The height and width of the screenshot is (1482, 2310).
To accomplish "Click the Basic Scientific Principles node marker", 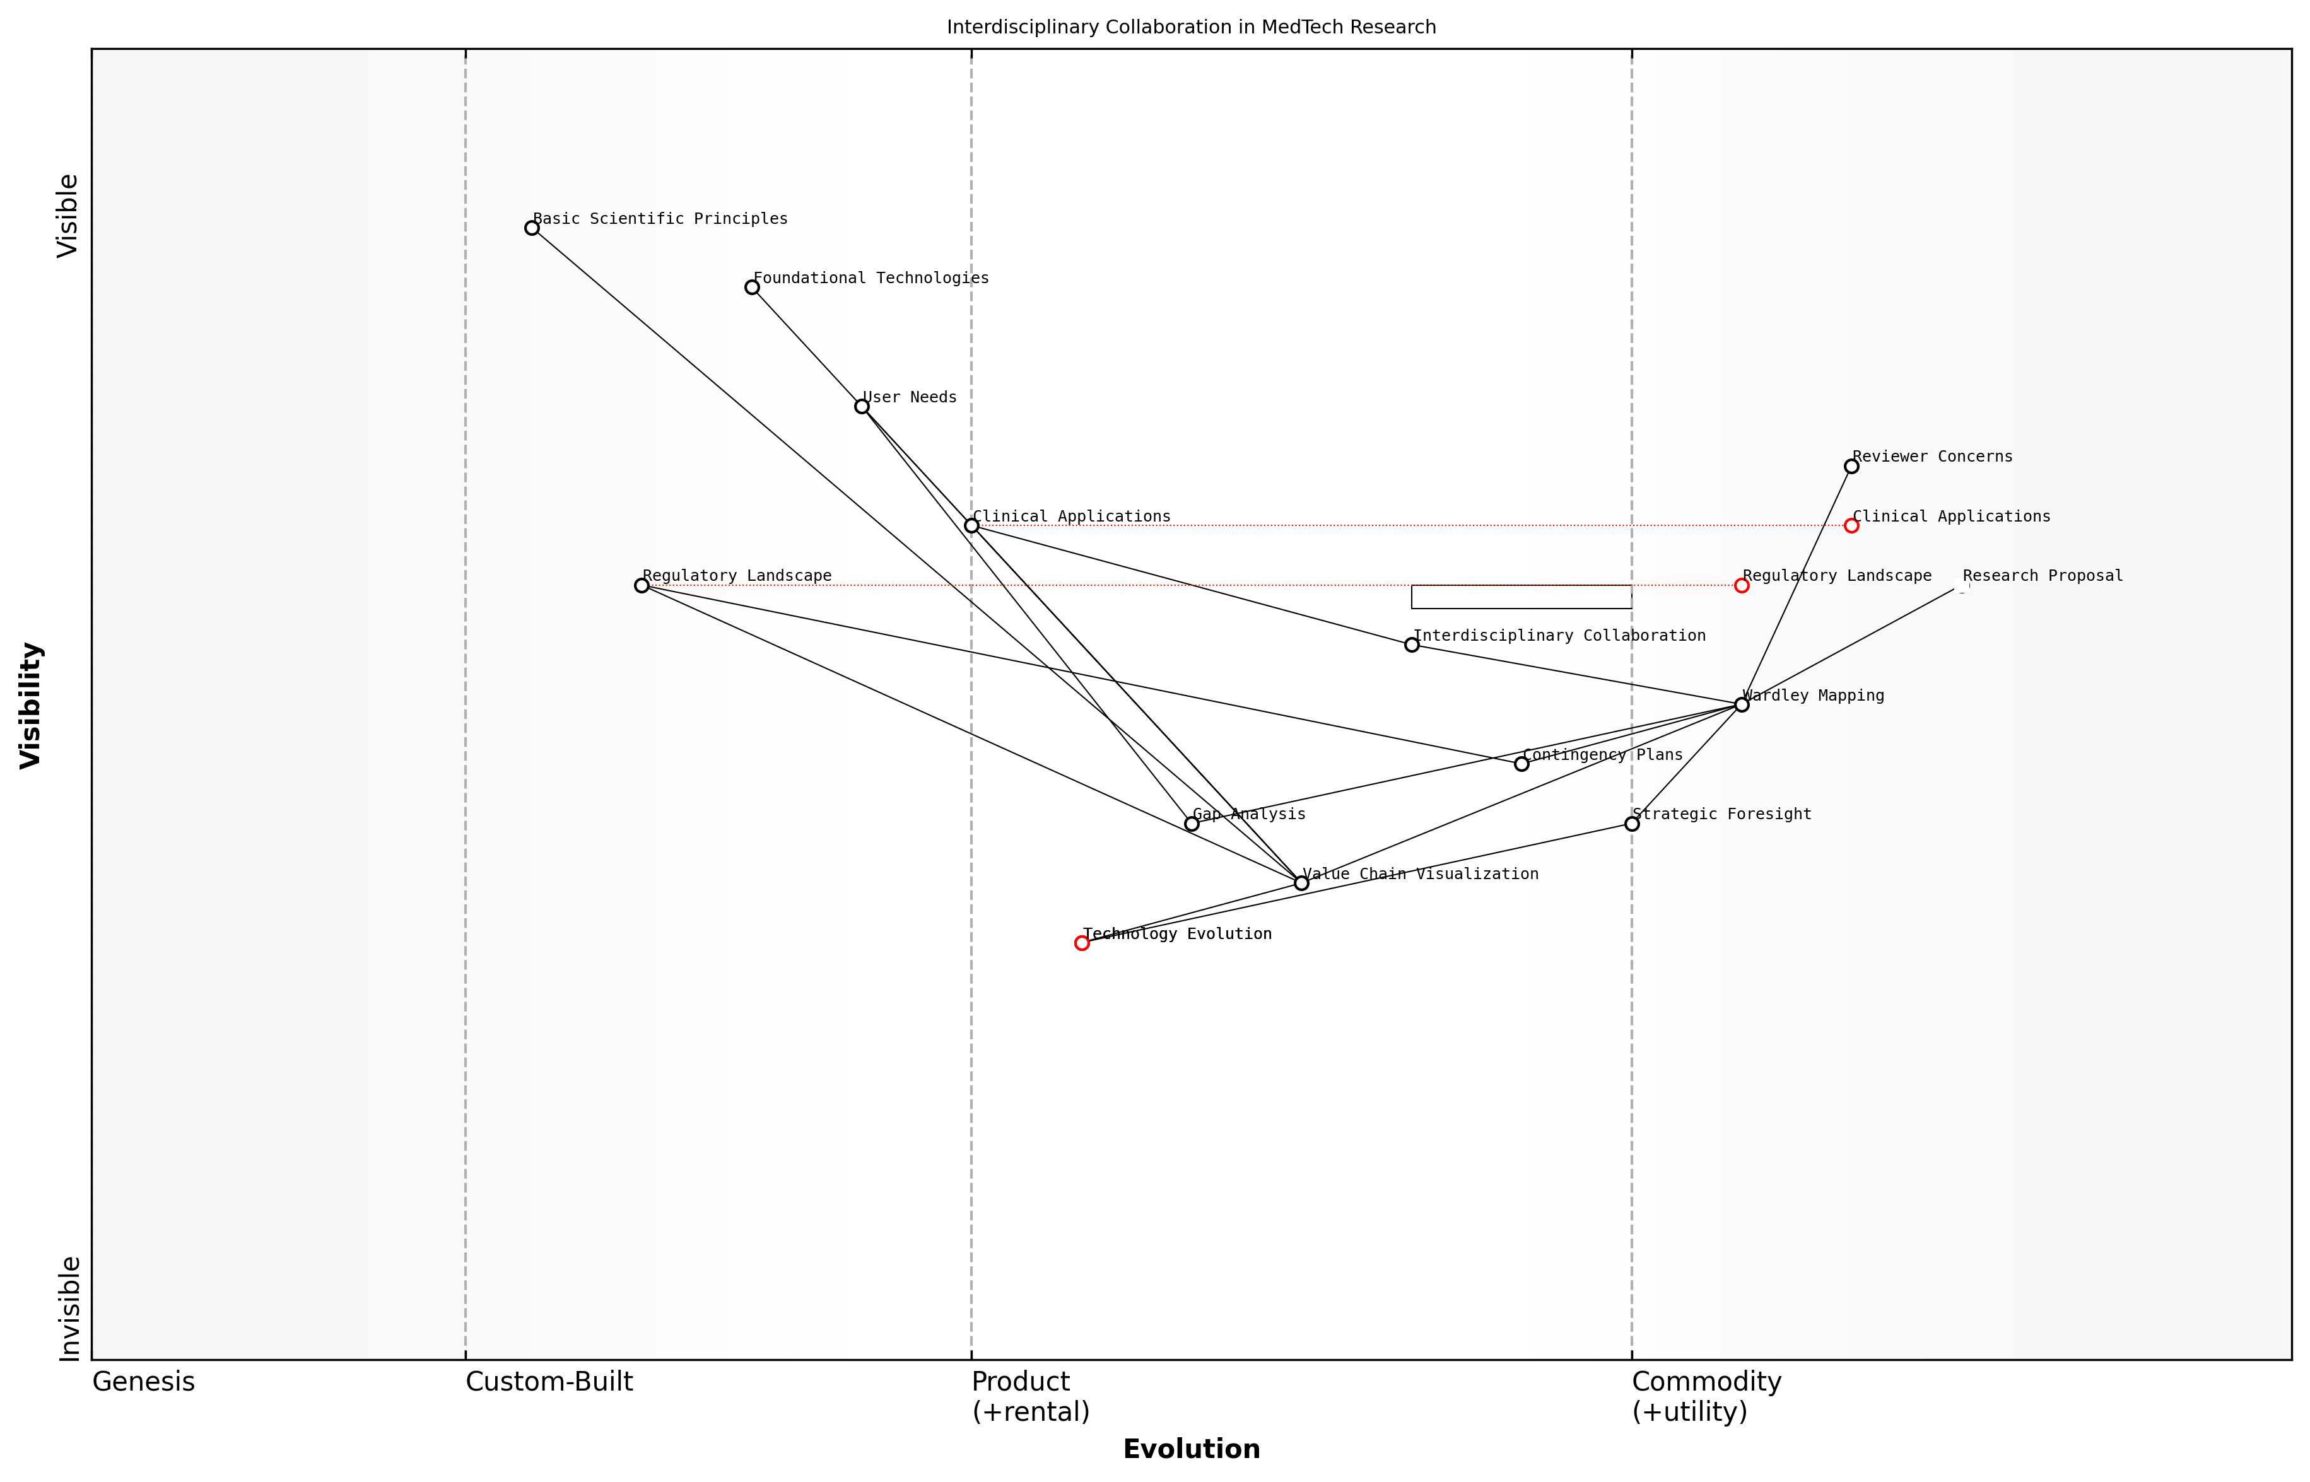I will [x=531, y=228].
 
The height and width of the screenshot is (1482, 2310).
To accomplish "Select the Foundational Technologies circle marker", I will [x=752, y=288].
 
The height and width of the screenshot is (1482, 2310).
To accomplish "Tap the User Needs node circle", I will [x=862, y=407].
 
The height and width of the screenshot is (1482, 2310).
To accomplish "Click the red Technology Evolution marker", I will [x=1082, y=943].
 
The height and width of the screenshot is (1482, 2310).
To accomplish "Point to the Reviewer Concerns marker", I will [x=1851, y=467].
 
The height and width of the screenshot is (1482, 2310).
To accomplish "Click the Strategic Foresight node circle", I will [x=1631, y=824].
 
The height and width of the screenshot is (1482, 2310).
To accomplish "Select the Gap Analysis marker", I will [x=1192, y=824].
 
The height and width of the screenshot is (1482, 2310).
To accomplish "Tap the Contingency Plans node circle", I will [x=1521, y=764].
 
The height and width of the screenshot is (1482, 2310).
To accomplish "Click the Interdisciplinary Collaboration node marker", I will [x=1411, y=645].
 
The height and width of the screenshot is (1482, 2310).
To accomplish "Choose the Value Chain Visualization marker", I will [x=1301, y=884].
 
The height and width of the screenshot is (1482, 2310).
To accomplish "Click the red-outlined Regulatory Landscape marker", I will [x=1741, y=585].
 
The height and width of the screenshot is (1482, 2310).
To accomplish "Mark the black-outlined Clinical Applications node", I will [x=971, y=525].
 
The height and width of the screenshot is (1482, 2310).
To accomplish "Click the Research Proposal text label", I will [x=2043, y=576].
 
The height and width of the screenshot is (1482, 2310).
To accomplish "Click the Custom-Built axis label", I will [x=549, y=1382].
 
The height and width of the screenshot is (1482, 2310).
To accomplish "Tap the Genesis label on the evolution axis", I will [x=143, y=1382].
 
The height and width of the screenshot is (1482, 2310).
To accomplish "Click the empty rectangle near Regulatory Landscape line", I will [x=1521, y=597].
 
